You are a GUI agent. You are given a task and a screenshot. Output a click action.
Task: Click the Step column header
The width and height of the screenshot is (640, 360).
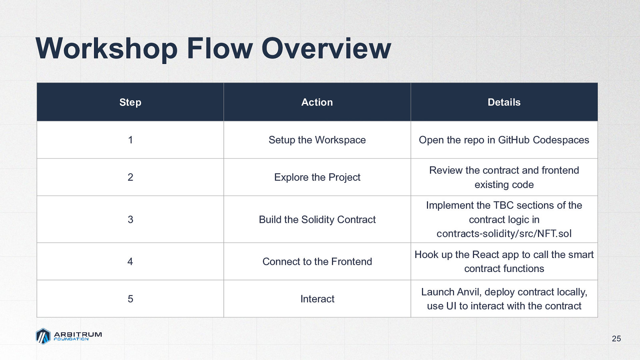(130, 102)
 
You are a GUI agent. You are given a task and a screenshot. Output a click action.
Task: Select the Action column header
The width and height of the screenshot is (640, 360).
(317, 102)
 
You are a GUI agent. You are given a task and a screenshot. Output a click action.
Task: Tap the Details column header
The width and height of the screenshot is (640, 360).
(504, 102)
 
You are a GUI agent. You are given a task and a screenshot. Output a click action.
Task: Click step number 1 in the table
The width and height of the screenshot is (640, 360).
(130, 140)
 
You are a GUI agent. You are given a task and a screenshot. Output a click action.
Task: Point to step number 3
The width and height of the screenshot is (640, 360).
(130, 220)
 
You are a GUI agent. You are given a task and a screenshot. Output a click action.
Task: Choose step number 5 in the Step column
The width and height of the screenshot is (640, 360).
(130, 299)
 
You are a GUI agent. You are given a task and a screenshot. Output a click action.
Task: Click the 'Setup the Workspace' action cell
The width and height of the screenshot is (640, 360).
(317, 140)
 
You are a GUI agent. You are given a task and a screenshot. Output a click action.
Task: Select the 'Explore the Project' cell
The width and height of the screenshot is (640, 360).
(317, 178)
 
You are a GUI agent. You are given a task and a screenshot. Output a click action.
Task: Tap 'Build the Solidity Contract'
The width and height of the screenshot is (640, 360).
(317, 220)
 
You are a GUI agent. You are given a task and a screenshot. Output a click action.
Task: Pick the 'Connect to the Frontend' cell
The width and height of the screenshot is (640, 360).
(317, 262)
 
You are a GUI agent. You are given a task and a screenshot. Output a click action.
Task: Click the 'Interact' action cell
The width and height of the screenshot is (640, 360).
(317, 299)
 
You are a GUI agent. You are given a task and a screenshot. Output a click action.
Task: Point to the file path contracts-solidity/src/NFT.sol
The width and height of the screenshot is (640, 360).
(504, 234)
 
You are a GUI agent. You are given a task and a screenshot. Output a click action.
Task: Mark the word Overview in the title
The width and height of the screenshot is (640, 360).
(326, 48)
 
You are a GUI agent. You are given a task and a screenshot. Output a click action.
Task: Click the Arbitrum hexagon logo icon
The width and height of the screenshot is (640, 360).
(43, 336)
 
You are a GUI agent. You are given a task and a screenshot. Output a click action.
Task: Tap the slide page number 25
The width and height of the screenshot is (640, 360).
(616, 338)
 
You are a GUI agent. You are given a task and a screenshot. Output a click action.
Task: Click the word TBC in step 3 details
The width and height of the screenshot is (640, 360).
(504, 206)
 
